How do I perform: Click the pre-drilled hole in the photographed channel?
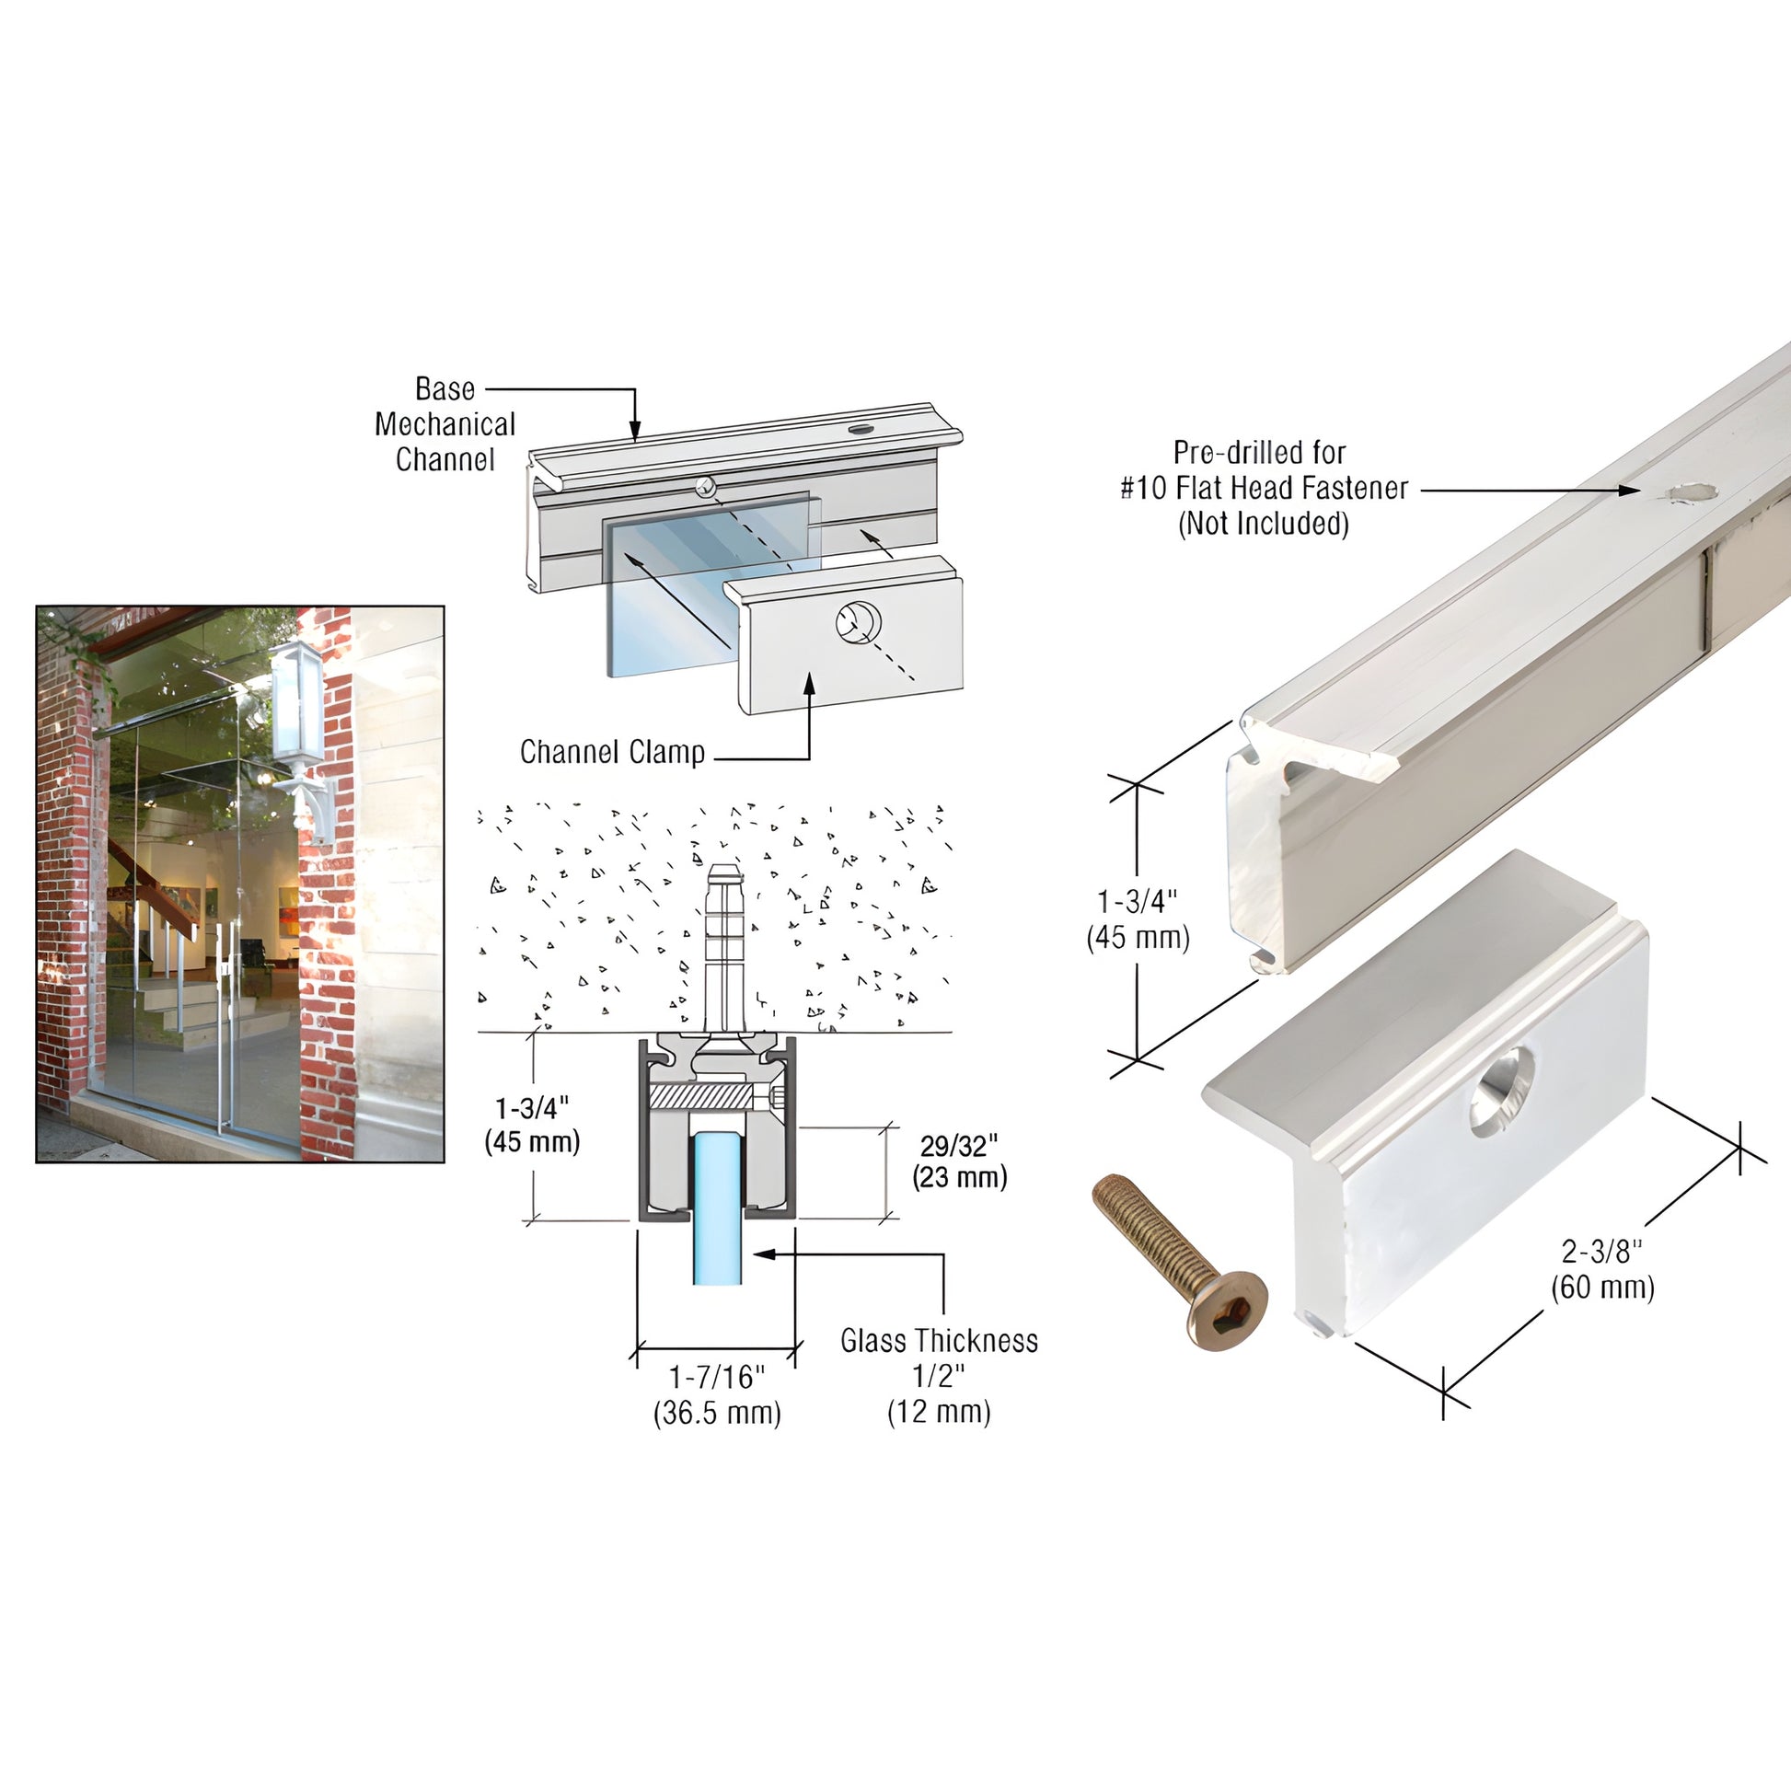pyautogui.click(x=1690, y=492)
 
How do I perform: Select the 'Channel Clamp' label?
pyautogui.click(x=612, y=752)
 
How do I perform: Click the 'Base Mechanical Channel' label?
pyautogui.click(x=445, y=423)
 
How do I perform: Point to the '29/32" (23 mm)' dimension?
pyautogui.click(x=959, y=1161)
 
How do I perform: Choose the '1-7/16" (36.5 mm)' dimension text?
pyautogui.click(x=718, y=1395)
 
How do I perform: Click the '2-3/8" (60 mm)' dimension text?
pyautogui.click(x=1603, y=1270)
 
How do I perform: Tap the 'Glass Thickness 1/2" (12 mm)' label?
pyautogui.click(x=939, y=1377)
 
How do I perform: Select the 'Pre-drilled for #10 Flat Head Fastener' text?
pyautogui.click(x=1264, y=470)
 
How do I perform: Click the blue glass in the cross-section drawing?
pyautogui.click(x=718, y=1206)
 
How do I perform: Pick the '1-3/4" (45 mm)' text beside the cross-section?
pyautogui.click(x=532, y=1125)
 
